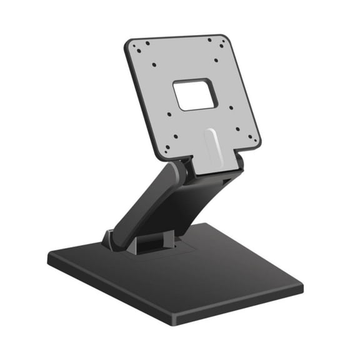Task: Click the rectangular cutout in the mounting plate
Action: (196, 95)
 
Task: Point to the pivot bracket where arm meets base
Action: (111, 239)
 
